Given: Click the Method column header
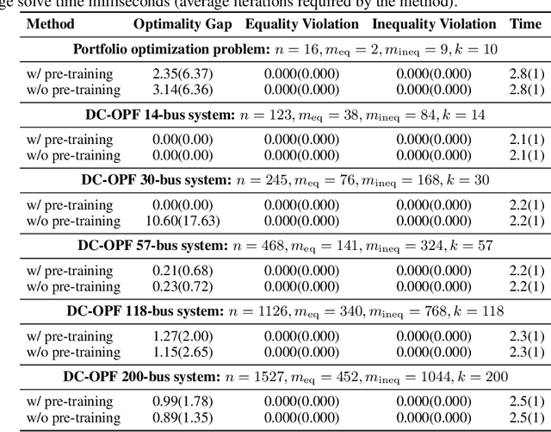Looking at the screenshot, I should pos(51,24).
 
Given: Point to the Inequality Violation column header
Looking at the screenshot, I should pos(434,24).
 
